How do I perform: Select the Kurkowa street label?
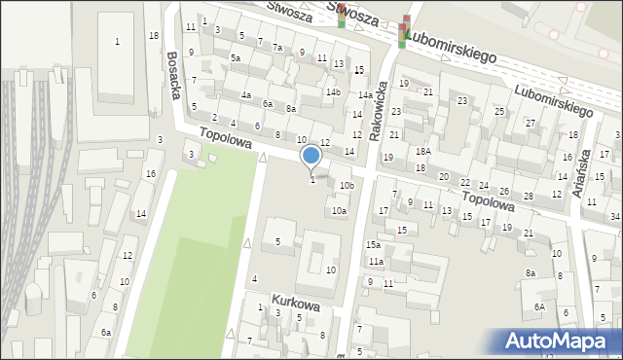(296, 305)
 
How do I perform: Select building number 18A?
(422, 151)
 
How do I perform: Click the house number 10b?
(347, 185)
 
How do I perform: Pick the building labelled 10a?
(339, 210)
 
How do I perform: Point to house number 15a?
(373, 245)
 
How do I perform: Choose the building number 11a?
(375, 262)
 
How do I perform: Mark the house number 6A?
(538, 306)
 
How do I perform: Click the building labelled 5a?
(236, 58)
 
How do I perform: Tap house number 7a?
(277, 48)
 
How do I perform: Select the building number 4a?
(247, 95)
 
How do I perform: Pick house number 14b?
(333, 92)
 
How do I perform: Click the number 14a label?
(363, 95)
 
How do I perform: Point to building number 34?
(615, 216)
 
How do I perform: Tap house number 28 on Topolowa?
(529, 196)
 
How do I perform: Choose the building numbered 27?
(531, 123)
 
